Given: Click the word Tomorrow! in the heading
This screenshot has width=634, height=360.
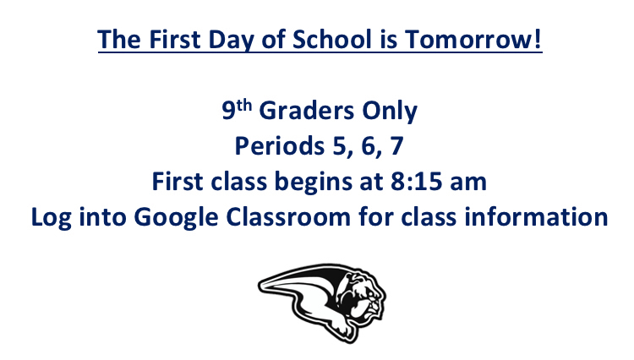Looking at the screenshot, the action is click(473, 39).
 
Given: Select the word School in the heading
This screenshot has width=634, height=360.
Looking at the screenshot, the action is click(331, 39).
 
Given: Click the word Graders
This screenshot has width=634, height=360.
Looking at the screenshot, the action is click(307, 111).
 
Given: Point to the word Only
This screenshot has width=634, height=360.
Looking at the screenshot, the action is click(390, 111).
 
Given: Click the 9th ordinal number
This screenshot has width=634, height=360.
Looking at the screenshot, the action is click(237, 110).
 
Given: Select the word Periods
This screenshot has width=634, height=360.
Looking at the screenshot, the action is click(280, 145).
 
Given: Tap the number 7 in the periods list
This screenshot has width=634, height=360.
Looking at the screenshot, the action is click(396, 146).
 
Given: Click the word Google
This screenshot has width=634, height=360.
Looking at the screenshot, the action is click(176, 218).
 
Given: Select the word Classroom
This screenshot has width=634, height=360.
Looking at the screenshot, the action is click(288, 217).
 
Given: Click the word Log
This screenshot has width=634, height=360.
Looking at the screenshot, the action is click(51, 218).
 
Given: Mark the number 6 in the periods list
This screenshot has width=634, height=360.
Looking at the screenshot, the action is click(369, 146).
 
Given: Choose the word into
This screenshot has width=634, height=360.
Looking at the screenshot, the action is click(102, 217).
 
